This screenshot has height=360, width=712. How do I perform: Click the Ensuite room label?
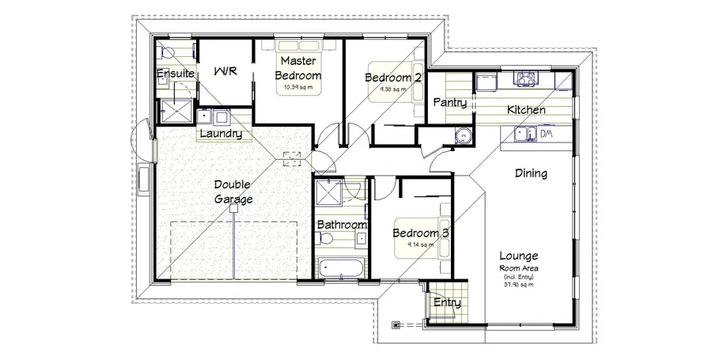[175, 74]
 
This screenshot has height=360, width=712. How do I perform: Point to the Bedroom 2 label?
[392, 78]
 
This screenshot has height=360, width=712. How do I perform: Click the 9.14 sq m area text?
[421, 245]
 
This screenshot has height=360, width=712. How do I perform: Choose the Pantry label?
[449, 104]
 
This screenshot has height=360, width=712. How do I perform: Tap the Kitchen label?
[526, 110]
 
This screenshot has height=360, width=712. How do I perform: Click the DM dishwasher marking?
[546, 134]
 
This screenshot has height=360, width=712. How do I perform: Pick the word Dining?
[531, 173]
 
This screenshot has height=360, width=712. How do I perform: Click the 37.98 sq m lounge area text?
[518, 286]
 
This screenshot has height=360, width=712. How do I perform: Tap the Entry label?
[447, 302]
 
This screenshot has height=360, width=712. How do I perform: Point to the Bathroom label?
[342, 225]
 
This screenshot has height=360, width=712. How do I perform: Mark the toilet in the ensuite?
[166, 52]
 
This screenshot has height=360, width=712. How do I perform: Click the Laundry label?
[220, 134]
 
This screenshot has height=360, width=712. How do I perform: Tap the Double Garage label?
[233, 191]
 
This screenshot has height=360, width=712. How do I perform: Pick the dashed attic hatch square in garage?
[292, 157]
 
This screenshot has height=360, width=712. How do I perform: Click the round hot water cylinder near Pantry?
[461, 137]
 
